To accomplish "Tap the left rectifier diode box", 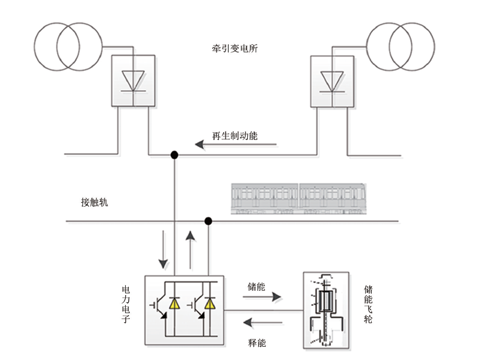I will (x=132, y=81).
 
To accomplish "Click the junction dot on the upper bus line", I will (x=174, y=155).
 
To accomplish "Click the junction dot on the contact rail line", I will (x=208, y=221).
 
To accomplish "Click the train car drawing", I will (x=299, y=198).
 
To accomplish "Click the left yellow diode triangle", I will (x=174, y=304).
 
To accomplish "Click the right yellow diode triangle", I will (x=209, y=304).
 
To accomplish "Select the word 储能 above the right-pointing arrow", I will (x=256, y=286).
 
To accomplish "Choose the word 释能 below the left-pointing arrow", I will (x=257, y=343).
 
